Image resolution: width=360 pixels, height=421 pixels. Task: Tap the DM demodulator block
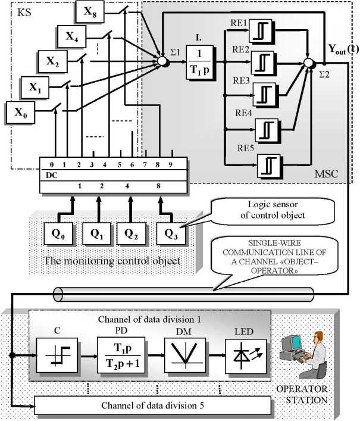point(181,355)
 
